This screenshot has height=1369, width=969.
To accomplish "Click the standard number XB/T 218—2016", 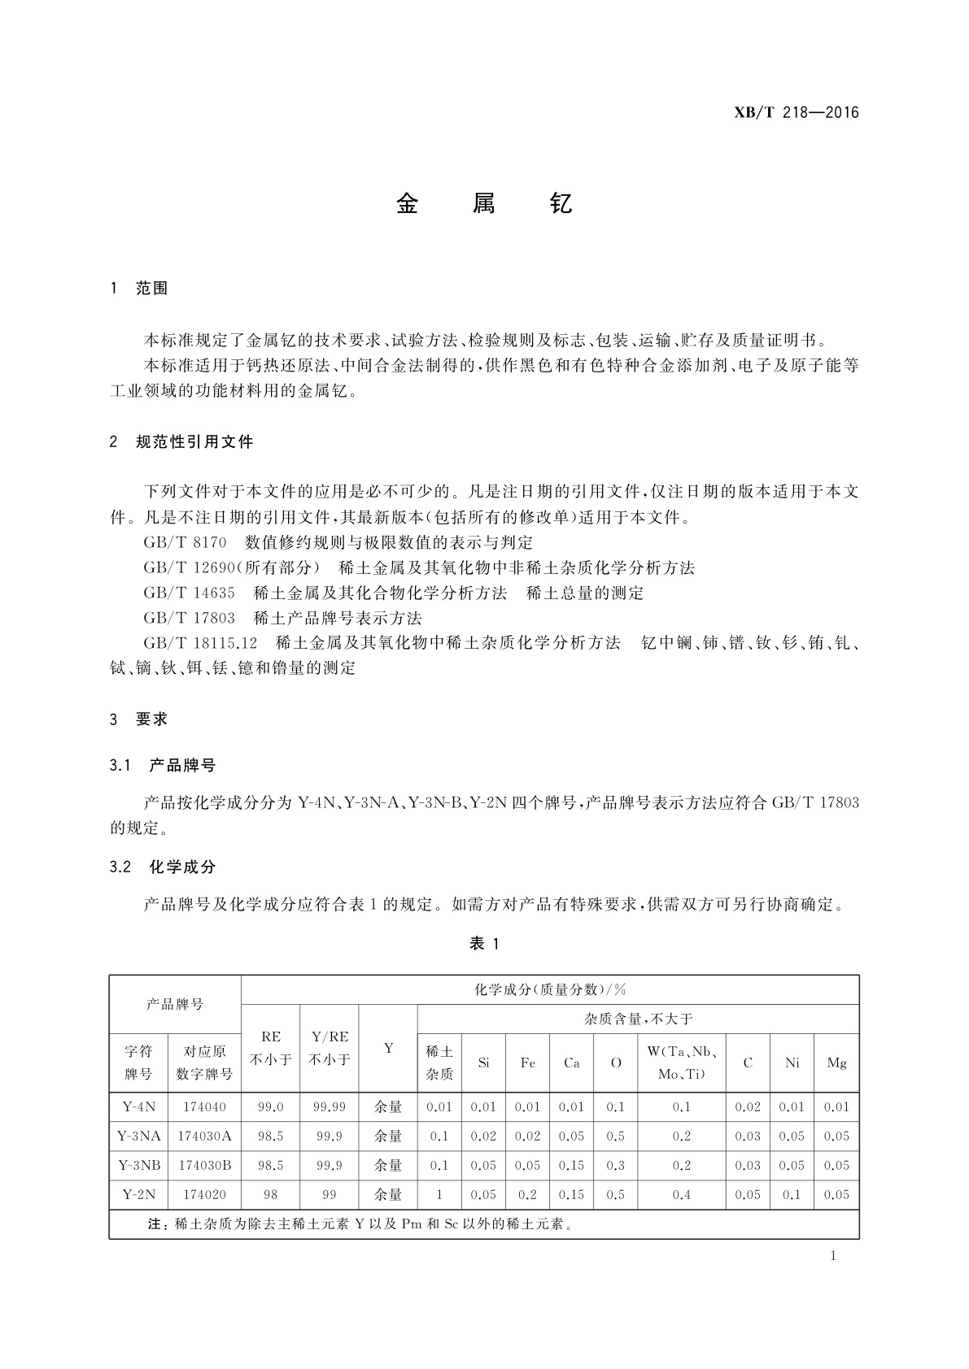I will click(x=797, y=113).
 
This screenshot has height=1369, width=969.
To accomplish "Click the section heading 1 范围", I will click(x=139, y=289).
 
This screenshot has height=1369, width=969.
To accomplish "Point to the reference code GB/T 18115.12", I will click(x=200, y=643).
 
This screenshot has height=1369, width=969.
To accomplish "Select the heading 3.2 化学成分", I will click(x=163, y=867).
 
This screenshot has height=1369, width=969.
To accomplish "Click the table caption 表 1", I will click(x=484, y=944).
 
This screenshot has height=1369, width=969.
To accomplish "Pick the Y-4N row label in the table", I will click(x=138, y=1106).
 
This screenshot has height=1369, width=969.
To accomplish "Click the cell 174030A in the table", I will click(x=204, y=1136).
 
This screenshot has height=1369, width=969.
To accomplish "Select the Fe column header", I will click(x=527, y=1063).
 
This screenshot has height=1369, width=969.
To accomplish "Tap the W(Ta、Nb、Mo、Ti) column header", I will click(x=681, y=1063).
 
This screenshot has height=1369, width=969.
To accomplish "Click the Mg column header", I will click(x=836, y=1063).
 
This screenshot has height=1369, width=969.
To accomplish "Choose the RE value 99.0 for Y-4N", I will click(x=271, y=1106).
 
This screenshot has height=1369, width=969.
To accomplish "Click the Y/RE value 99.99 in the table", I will click(x=330, y=1106).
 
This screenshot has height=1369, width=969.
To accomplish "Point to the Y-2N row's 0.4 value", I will click(x=681, y=1194).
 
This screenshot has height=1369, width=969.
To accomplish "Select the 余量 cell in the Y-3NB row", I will click(x=388, y=1165).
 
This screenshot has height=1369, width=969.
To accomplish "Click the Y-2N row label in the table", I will click(x=138, y=1194).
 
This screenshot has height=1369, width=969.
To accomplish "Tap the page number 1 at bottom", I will click(x=833, y=1255).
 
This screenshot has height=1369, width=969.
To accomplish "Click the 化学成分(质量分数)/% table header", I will click(x=550, y=989).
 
